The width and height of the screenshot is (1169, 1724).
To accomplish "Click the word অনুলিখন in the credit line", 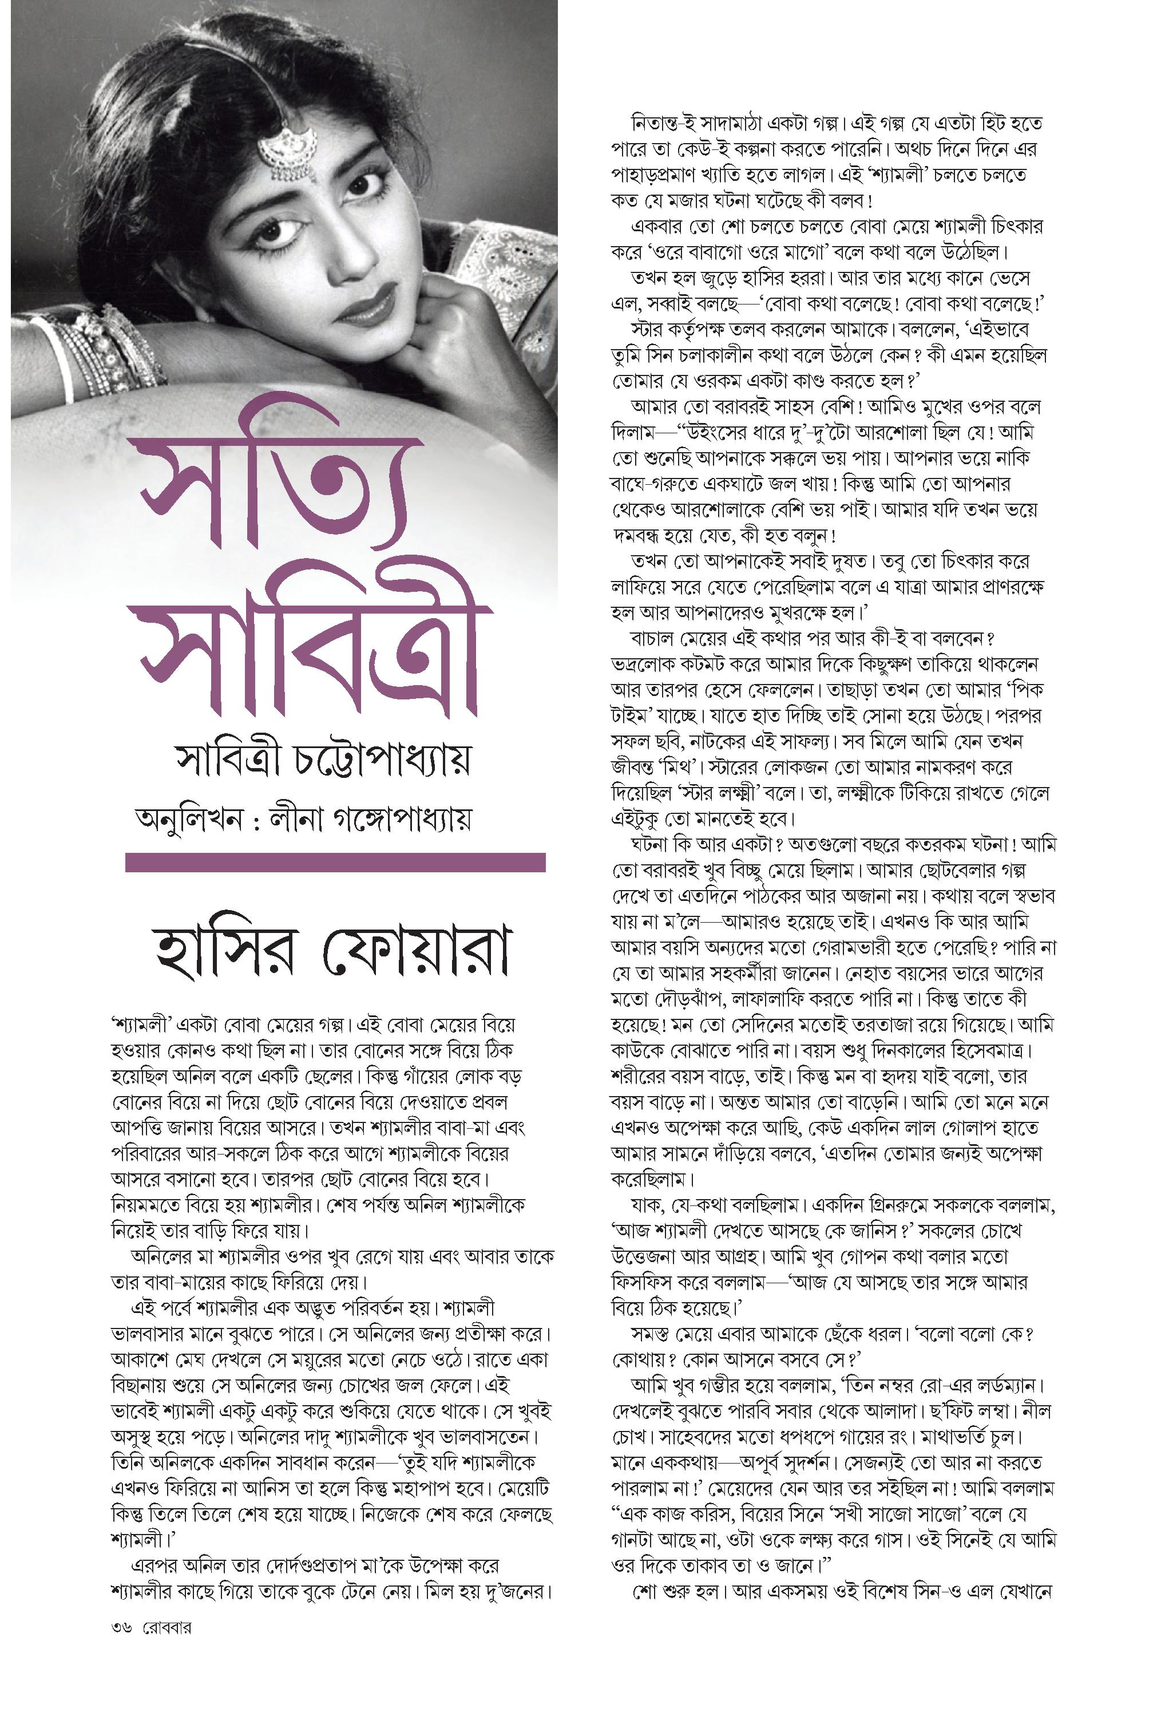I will pos(189,820).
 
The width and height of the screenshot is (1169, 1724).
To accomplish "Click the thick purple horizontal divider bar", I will pos(335,863).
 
